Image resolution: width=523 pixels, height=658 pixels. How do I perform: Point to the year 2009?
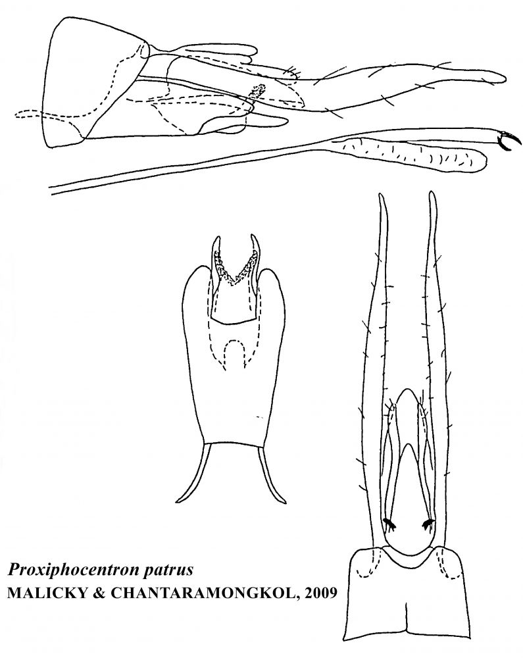point(319,593)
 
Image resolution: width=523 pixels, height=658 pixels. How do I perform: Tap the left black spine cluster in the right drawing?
point(390,523)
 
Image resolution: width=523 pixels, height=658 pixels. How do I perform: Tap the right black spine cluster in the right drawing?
point(428,523)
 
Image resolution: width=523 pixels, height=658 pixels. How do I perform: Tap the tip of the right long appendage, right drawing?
point(432,193)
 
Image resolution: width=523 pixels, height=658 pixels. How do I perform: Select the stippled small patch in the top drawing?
point(257,92)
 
